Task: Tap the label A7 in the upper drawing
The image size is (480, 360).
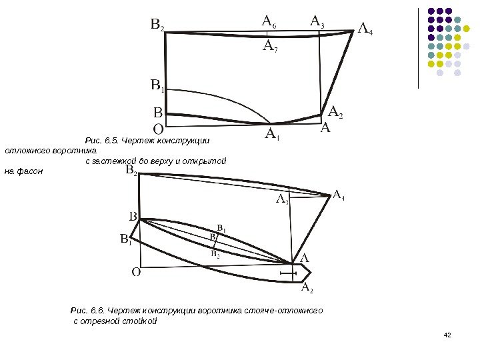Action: (x=270, y=46)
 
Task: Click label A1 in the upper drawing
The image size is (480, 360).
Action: (x=273, y=135)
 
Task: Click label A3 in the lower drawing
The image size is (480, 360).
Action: (x=282, y=199)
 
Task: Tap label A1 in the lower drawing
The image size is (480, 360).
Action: (x=339, y=195)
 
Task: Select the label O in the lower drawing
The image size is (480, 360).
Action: (x=135, y=271)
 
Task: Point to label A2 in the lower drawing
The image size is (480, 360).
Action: (x=307, y=288)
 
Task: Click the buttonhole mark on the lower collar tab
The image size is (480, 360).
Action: (x=288, y=273)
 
